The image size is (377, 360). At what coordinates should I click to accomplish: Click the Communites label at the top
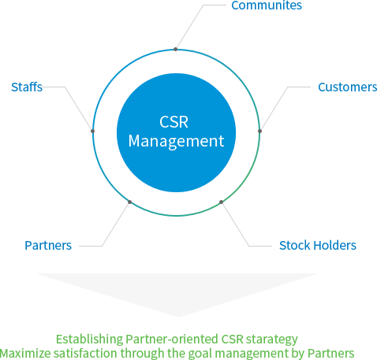tap(266, 6)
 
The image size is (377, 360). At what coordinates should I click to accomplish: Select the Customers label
tap(347, 87)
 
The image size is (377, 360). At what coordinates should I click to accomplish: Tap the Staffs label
tap(27, 87)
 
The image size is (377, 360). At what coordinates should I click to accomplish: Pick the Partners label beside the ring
tap(48, 245)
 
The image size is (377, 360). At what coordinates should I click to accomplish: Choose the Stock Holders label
tap(317, 245)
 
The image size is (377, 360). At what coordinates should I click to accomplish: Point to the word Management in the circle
tap(176, 142)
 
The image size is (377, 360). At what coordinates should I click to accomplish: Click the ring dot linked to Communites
tap(176, 49)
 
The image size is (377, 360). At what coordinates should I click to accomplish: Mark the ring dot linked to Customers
tap(259, 131)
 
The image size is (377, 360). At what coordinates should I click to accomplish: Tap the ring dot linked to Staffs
tap(93, 131)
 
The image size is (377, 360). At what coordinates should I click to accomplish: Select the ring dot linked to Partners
tap(129, 202)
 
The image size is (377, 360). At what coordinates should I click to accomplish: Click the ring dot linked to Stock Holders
tap(222, 202)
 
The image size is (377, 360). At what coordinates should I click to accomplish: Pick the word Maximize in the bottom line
tap(26, 353)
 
